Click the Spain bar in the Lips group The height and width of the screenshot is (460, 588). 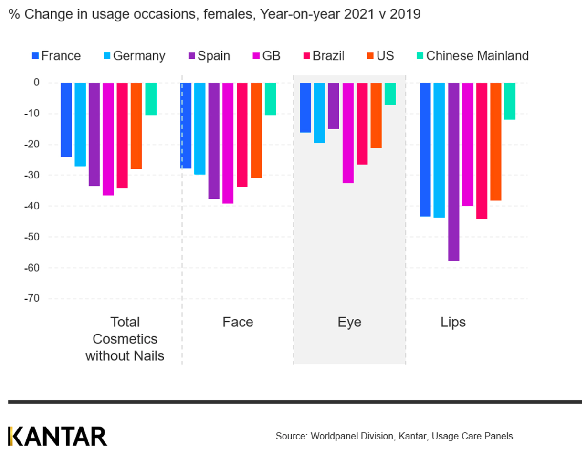(453, 172)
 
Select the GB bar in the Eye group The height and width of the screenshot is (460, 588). (348, 133)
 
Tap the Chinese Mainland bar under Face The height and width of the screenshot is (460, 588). (271, 99)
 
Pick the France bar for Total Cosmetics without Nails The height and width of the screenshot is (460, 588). (66, 119)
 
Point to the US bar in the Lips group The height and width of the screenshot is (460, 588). (495, 141)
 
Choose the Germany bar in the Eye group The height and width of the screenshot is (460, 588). (319, 113)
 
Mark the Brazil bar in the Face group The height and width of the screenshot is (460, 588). (242, 134)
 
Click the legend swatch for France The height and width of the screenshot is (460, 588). (35, 55)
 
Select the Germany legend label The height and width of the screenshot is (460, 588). (139, 56)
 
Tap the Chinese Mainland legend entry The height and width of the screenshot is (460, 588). (477, 56)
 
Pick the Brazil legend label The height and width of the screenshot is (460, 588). (328, 56)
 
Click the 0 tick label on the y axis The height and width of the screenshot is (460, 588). (36, 83)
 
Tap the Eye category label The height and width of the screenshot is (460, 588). (349, 323)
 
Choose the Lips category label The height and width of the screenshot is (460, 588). (453, 323)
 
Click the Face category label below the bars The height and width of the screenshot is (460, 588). (238, 323)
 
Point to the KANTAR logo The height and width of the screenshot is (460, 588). (58, 436)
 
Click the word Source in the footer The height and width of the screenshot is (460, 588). (291, 436)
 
